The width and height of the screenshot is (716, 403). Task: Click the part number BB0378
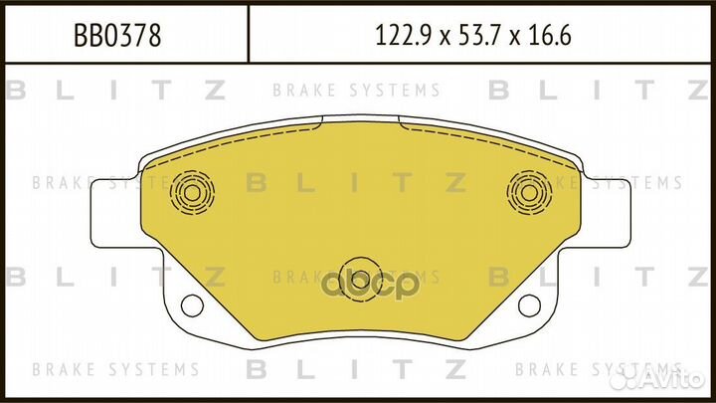pyautogui.click(x=118, y=38)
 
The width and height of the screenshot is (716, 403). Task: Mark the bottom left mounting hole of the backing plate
pyautogui.click(x=192, y=303)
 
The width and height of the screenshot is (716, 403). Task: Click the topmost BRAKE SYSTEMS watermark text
pyautogui.click(x=357, y=91)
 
